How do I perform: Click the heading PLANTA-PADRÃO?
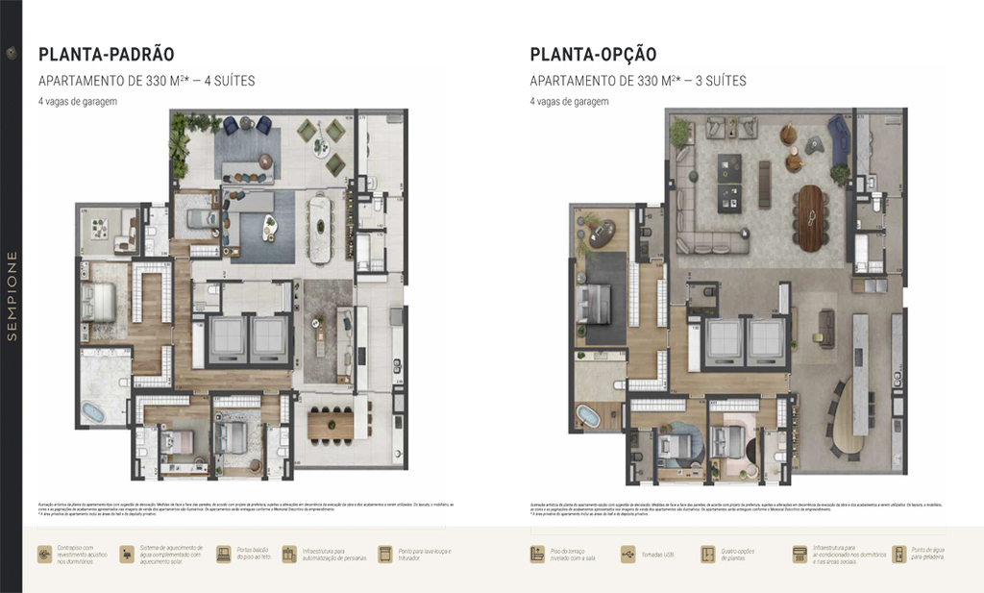click(x=106, y=55)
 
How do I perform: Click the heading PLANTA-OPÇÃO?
click(x=593, y=55)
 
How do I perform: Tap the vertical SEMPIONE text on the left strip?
click(x=12, y=295)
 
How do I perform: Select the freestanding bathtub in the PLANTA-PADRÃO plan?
click(x=92, y=411)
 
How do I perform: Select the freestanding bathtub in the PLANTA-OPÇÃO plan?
click(x=585, y=416)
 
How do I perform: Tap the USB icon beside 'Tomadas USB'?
click(x=628, y=555)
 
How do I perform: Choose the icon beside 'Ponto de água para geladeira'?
click(x=899, y=555)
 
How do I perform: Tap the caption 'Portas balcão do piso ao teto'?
click(x=253, y=555)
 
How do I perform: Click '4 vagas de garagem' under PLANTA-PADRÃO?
click(x=78, y=101)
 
